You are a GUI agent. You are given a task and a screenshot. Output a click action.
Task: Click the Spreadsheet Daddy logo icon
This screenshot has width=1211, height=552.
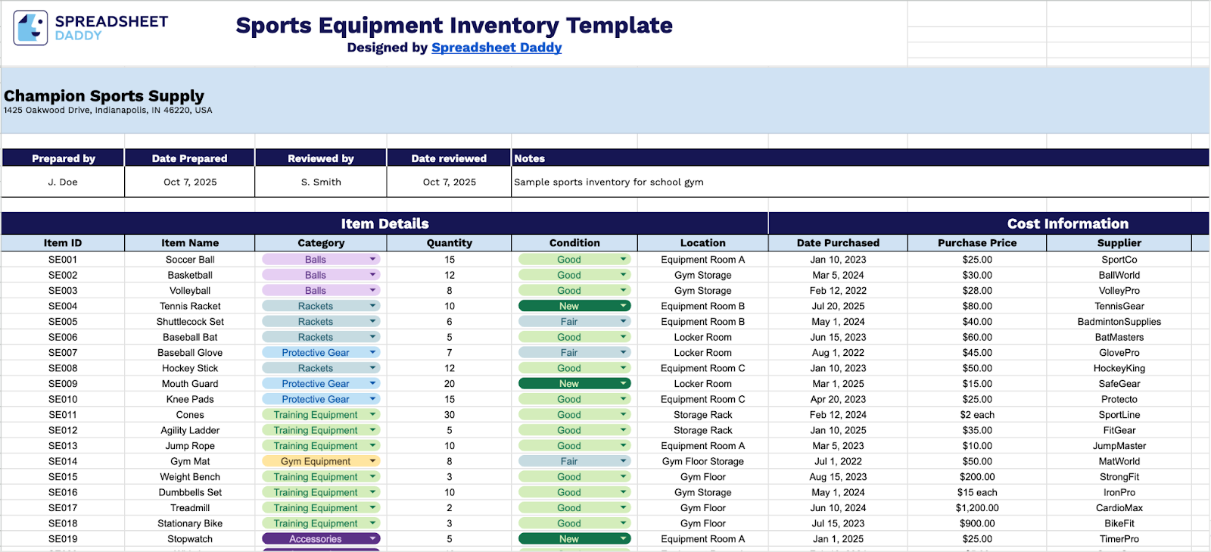[x=30, y=28]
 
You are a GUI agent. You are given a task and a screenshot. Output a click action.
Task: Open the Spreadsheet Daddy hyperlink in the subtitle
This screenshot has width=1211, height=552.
[x=497, y=48]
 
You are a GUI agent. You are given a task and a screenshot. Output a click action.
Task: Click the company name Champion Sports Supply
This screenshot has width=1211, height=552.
[x=104, y=96]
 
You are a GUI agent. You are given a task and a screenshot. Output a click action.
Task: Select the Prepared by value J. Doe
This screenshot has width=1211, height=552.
[x=63, y=182]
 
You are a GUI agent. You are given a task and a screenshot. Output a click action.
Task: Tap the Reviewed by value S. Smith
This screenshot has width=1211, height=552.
[x=321, y=182]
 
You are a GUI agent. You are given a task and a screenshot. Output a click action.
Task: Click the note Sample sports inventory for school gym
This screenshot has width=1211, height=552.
[x=609, y=182]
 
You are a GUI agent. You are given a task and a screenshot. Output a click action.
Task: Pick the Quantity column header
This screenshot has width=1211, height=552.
[x=449, y=243]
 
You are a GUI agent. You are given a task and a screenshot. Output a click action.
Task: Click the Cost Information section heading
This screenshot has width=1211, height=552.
[x=1067, y=223]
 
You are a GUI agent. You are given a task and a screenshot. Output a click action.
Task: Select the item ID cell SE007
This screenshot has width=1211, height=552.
[x=63, y=353]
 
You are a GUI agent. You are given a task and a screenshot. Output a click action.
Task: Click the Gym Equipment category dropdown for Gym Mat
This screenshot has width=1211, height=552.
[x=321, y=461]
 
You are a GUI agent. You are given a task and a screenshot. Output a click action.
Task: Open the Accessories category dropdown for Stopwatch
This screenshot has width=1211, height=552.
[x=321, y=539]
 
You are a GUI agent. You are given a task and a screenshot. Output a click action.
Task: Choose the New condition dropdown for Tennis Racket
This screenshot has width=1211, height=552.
[x=574, y=306]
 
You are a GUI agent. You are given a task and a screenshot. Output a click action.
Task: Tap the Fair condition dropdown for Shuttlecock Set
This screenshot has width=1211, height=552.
[x=574, y=322]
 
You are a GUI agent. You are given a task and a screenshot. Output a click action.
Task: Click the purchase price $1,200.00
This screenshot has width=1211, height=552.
[x=976, y=508]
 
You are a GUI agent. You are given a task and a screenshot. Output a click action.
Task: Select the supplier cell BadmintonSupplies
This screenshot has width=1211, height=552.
[x=1119, y=322]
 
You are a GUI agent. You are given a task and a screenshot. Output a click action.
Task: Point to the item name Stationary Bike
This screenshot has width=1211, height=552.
[x=190, y=523]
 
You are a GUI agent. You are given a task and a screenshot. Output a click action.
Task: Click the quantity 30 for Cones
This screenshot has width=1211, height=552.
[x=450, y=415]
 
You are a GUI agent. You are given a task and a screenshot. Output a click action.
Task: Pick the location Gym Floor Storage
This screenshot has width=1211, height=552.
[x=702, y=461]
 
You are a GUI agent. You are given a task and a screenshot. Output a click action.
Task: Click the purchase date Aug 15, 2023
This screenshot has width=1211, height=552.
[x=838, y=477]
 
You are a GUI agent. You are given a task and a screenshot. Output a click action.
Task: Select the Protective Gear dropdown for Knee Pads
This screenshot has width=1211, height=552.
[x=321, y=399]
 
